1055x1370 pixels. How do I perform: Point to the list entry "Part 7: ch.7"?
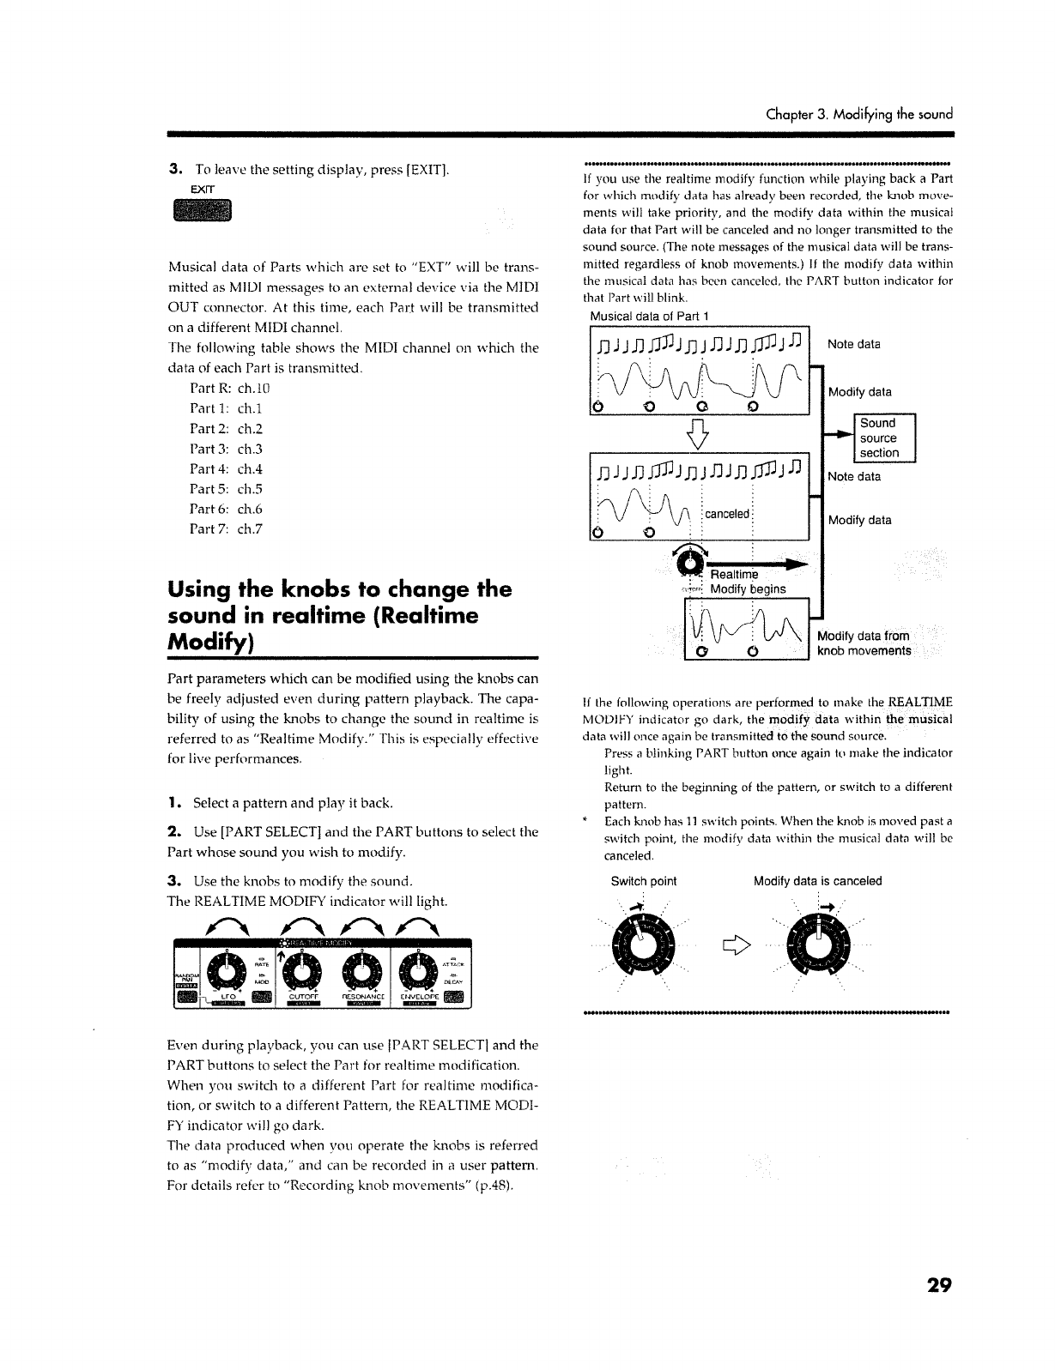226,528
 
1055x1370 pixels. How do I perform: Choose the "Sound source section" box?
878,438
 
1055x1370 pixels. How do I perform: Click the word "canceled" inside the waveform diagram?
727,514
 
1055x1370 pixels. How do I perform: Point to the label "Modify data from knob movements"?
864,643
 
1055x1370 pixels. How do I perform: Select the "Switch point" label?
643,881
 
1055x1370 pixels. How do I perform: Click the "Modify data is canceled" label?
817,881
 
